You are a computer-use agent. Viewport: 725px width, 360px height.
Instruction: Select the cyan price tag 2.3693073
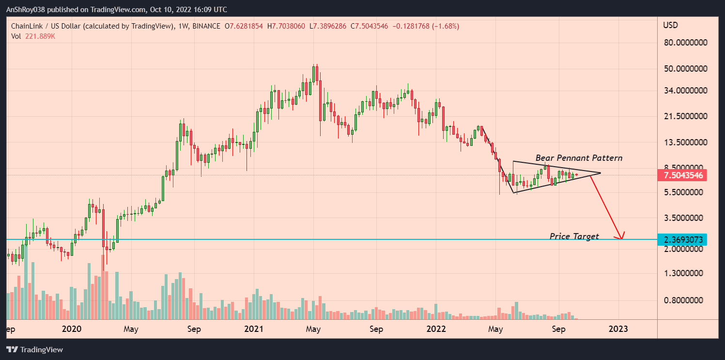tap(682, 239)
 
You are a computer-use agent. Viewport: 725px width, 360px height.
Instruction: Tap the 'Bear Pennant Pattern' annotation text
tap(579, 158)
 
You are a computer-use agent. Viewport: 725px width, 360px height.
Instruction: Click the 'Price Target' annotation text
tap(574, 236)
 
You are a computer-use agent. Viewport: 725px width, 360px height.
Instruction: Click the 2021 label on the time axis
tap(253, 329)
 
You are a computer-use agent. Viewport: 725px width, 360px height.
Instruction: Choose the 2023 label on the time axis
tap(618, 329)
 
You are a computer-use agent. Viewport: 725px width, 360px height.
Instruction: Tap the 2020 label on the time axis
tap(72, 329)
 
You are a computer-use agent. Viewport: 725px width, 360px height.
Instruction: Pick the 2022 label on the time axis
tap(436, 329)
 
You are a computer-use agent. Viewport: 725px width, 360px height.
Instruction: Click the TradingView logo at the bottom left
tap(34, 349)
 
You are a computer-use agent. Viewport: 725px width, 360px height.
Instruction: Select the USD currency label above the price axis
tap(670, 25)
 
